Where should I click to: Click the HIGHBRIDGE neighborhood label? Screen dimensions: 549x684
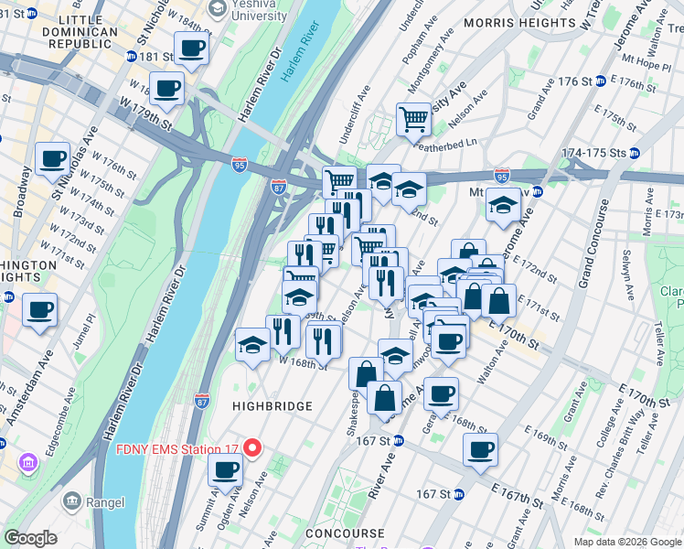point(272,405)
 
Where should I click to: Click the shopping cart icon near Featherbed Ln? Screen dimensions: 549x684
point(413,118)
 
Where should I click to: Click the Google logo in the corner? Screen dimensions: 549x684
point(30,538)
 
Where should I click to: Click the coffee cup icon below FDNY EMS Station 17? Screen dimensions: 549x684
point(225,470)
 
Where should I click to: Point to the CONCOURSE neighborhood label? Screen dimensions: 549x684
point(333,533)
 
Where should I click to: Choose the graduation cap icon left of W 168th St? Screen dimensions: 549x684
point(253,343)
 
